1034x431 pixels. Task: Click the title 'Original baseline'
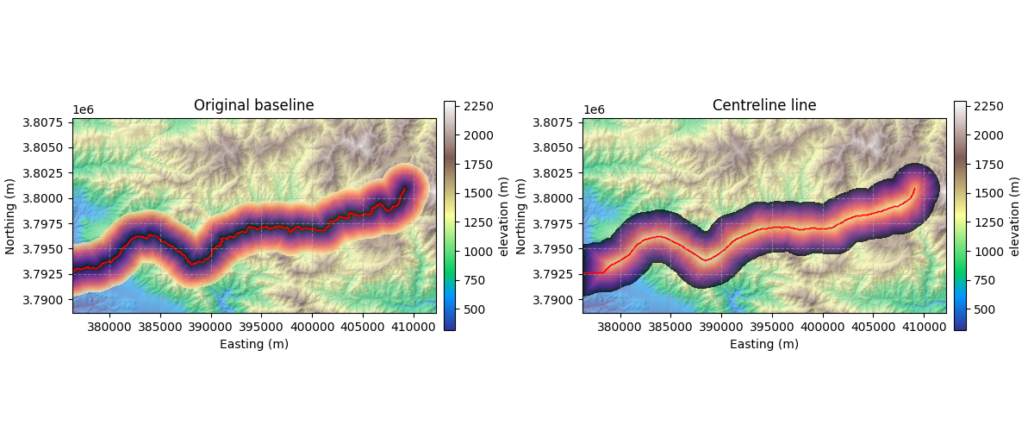coord(253,105)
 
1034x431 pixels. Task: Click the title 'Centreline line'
coord(764,105)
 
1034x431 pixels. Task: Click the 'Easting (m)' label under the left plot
coord(253,344)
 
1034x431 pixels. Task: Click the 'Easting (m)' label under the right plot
coord(764,344)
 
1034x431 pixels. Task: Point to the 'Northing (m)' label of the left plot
coord(10,215)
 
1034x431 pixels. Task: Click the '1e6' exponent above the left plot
coord(83,109)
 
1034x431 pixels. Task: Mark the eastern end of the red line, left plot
coord(404,187)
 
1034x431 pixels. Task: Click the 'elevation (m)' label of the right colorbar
coord(1014,215)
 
